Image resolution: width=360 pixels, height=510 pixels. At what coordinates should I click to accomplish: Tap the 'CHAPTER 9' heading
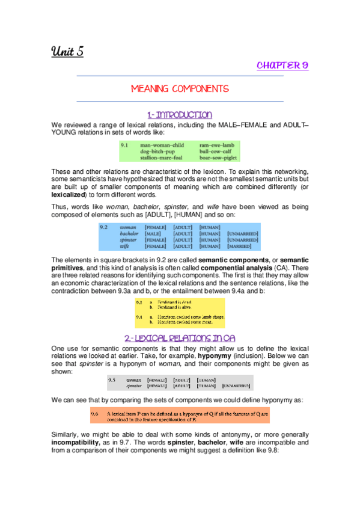coord(282,65)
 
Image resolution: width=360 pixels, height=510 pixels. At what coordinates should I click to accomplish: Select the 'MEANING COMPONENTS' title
coord(180,88)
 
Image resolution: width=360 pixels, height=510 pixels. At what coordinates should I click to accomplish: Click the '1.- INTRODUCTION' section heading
coord(180,114)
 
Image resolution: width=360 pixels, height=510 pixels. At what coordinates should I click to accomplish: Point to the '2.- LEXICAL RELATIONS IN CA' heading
coord(180,338)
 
